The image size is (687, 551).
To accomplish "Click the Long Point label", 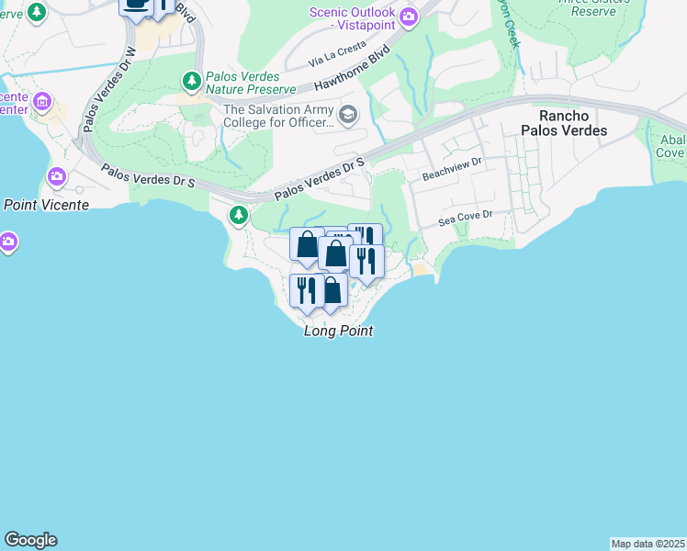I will tap(338, 331).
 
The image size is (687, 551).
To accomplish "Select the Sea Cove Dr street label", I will tap(466, 218).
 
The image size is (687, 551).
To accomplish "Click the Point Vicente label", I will tap(46, 205).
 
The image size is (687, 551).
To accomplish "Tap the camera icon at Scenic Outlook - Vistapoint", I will tap(409, 15).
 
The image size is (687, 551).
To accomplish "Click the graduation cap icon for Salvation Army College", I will tap(347, 115).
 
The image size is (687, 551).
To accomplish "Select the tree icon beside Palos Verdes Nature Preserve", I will tap(191, 82).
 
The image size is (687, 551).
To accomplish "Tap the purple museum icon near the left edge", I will tap(41, 100).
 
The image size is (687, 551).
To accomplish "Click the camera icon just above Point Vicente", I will tap(57, 175).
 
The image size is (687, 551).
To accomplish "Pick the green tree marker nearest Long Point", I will tap(239, 215).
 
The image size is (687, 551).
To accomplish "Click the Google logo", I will tap(30, 540).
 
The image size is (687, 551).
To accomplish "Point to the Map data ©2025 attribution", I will tap(648, 544).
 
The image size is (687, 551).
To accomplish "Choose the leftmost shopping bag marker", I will tap(306, 244).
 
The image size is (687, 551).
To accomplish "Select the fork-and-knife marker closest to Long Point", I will tap(306, 289).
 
